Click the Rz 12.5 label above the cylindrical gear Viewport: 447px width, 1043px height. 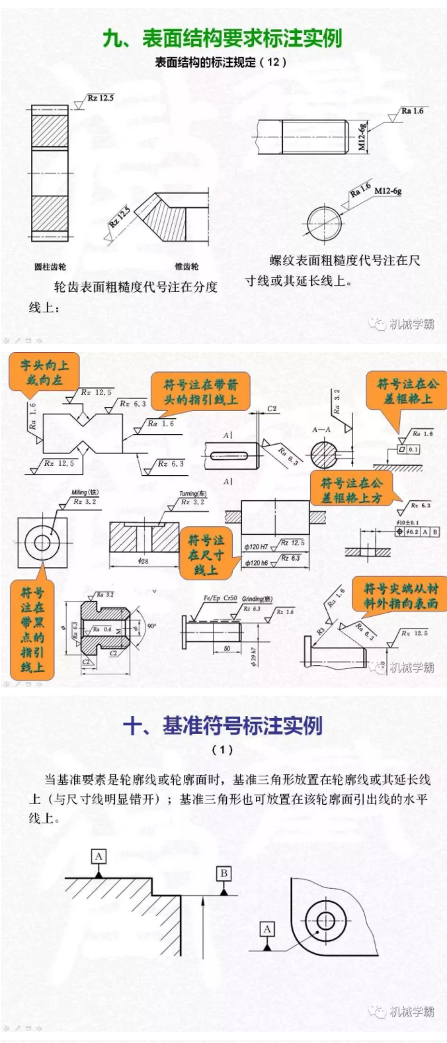101,98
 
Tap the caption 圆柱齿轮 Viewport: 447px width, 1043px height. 50,267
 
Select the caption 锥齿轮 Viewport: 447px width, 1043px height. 186,267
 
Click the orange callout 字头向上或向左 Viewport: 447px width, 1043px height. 44,372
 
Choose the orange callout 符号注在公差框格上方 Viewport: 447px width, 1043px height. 351,490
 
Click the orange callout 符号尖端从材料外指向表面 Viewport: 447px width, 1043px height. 401,596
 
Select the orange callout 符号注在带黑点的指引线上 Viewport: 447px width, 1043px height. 32,629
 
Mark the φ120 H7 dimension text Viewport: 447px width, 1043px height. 256,547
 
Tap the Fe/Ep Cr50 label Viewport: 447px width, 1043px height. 220,598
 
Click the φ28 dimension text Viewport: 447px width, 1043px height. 143,561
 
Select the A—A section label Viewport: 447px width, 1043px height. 321,430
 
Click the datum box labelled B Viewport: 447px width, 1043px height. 223,874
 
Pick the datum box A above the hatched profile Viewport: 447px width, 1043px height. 99,856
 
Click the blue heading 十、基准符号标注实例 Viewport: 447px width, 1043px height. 223,726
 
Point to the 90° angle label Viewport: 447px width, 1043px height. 151,625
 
